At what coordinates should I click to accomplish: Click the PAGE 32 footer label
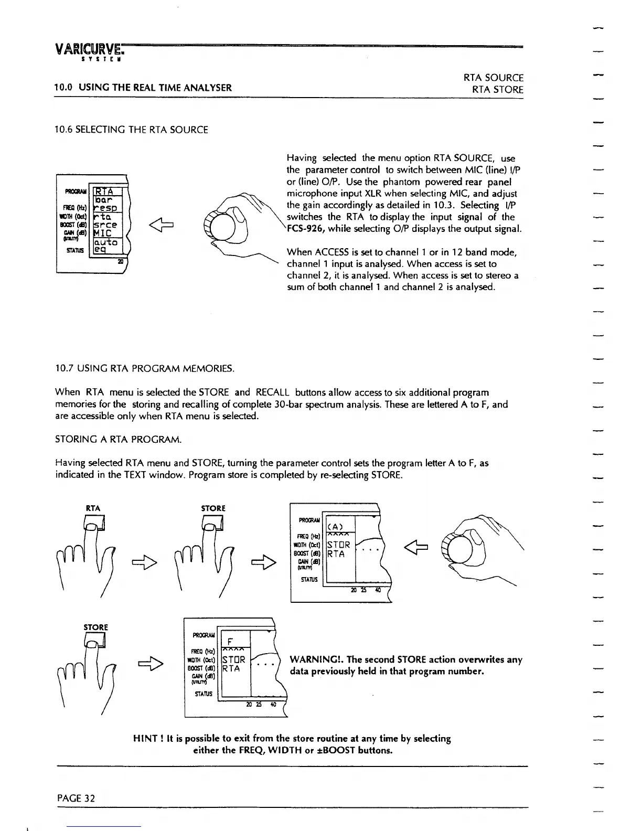pos(76,798)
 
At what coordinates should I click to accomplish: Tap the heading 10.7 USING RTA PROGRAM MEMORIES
pos(144,369)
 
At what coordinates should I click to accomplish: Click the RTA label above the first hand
pos(93,508)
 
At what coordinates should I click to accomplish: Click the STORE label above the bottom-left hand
pos(95,627)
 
